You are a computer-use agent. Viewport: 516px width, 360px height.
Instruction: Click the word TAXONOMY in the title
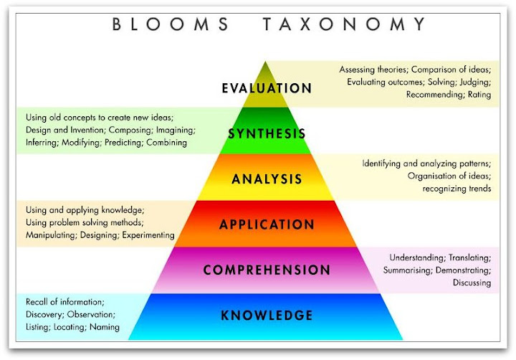point(345,24)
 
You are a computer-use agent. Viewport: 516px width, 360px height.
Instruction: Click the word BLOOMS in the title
point(171,24)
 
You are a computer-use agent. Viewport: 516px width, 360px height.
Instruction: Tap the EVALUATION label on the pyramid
point(267,88)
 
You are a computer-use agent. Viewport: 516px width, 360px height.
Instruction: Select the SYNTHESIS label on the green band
point(267,133)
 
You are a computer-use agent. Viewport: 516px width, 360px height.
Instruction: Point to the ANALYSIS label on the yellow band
point(267,179)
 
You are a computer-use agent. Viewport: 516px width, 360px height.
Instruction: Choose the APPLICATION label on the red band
point(267,224)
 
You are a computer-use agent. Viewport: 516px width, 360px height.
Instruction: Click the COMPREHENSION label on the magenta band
point(267,270)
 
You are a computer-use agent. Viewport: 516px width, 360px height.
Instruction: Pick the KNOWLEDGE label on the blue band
point(267,316)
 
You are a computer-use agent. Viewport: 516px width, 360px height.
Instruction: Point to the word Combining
point(166,142)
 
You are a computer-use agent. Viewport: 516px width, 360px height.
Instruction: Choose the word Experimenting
point(148,235)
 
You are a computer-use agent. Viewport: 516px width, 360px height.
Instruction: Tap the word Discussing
point(472,283)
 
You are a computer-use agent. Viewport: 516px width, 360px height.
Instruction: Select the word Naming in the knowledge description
point(105,327)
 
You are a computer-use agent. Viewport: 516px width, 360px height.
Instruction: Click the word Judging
point(473,82)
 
